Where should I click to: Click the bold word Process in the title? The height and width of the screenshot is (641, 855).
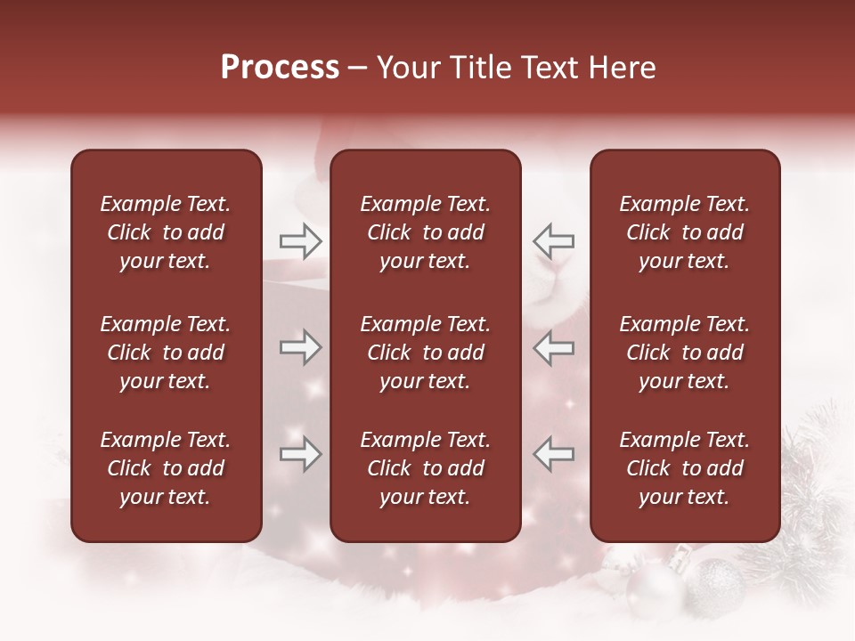[280, 68]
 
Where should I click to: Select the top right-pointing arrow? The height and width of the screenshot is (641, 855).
[300, 240]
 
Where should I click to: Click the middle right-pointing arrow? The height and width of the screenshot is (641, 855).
[300, 347]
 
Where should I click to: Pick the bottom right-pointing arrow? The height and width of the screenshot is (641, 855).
[300, 454]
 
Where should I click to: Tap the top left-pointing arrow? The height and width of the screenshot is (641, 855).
[553, 240]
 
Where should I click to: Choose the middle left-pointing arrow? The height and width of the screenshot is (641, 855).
[553, 347]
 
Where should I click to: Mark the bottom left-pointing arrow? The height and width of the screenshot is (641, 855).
[553, 454]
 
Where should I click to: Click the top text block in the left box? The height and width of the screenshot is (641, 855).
[166, 232]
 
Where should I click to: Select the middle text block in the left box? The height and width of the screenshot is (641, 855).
[166, 353]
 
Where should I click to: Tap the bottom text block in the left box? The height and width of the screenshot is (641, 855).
[166, 468]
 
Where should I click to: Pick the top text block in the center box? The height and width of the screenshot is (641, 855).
[426, 232]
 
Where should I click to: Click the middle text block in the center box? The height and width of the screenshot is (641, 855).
[426, 353]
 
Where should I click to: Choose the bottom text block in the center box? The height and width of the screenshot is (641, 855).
[426, 468]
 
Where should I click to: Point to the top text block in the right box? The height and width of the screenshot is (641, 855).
[685, 232]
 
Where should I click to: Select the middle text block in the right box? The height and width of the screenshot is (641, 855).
[685, 353]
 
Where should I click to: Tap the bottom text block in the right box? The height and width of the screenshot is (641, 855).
[685, 468]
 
